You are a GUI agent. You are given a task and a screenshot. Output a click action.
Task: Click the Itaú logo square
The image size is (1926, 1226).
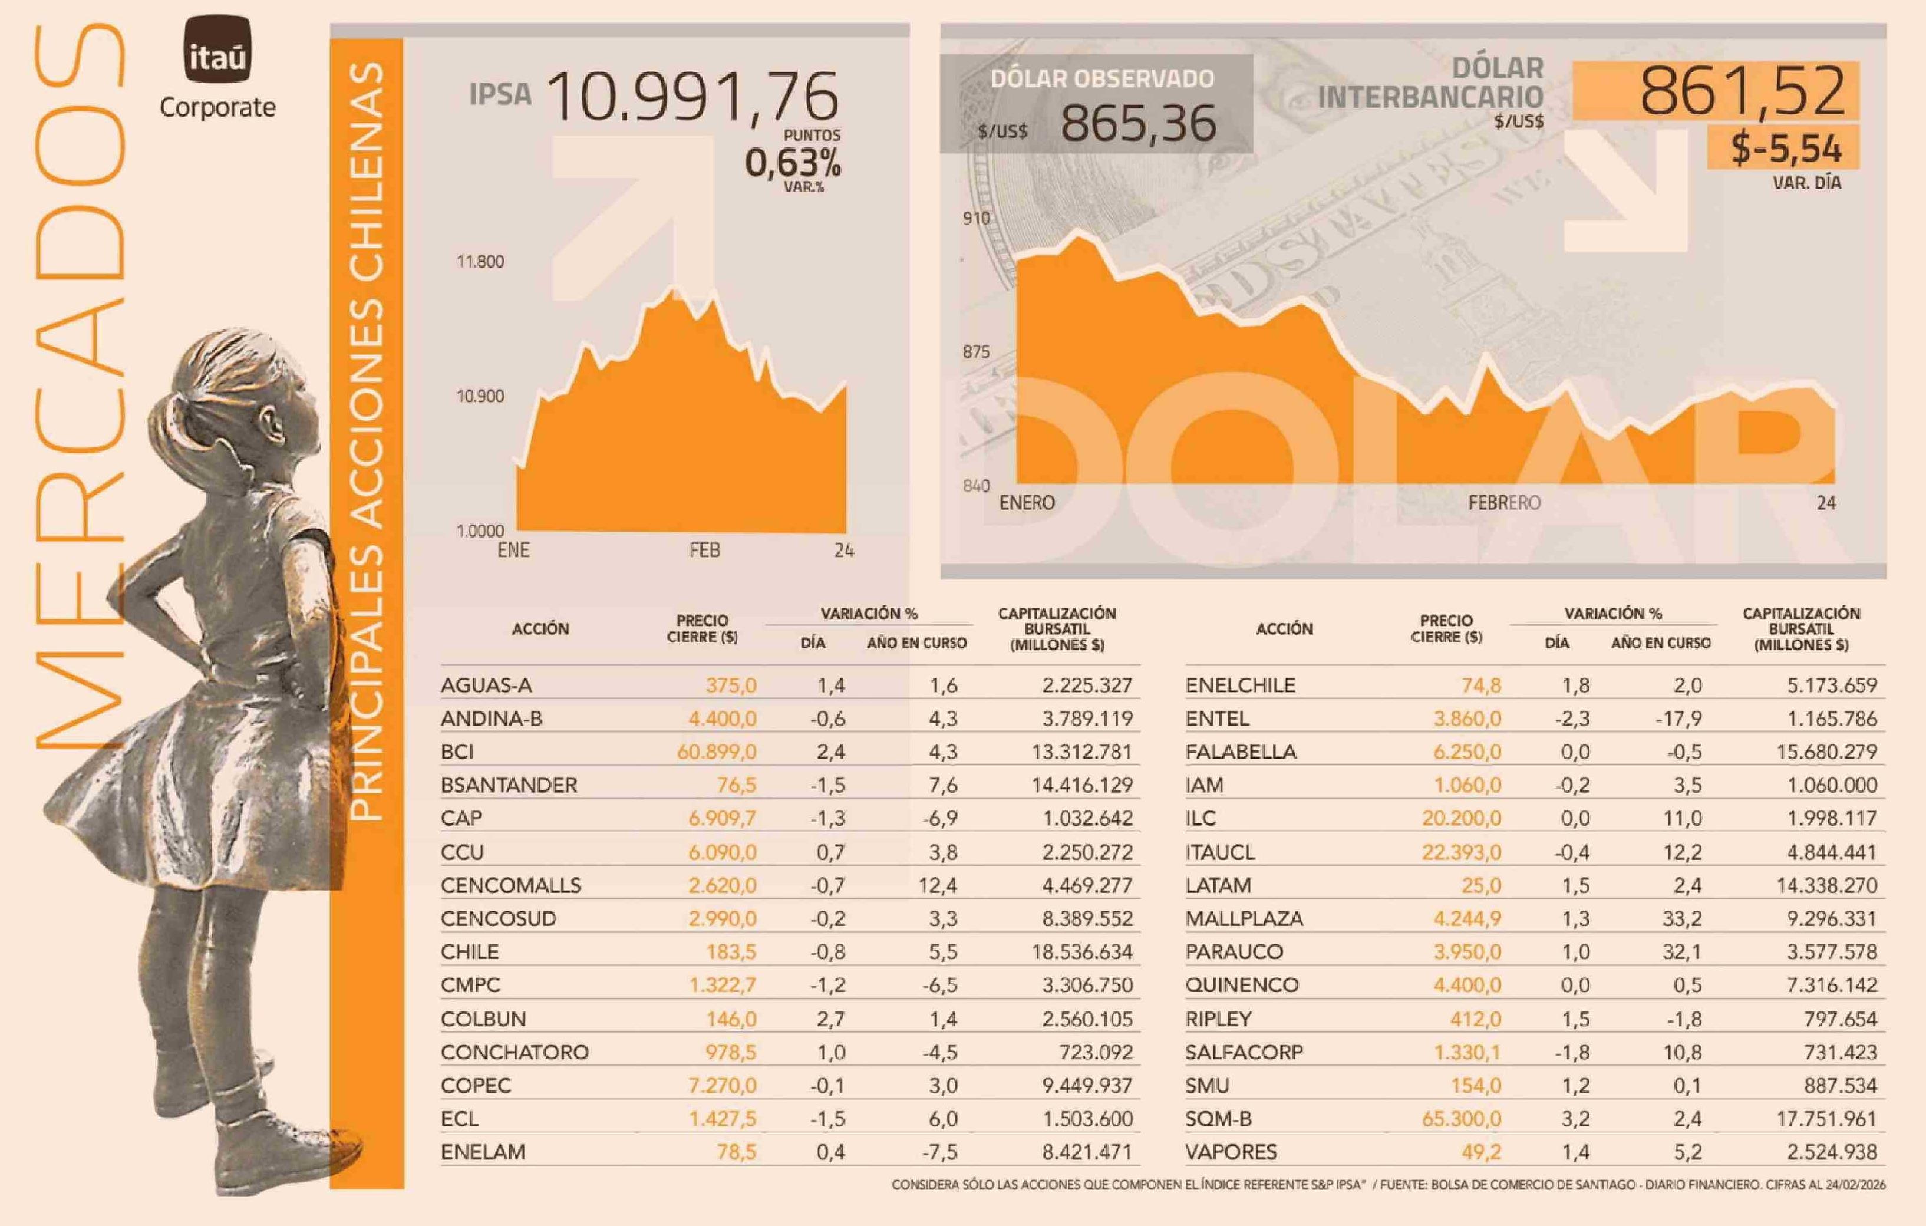pyautogui.click(x=217, y=50)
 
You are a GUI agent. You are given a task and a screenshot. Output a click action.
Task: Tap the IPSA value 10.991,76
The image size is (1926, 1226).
pyautogui.click(x=694, y=98)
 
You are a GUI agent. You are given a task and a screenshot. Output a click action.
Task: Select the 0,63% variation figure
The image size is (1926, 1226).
pyautogui.click(x=793, y=163)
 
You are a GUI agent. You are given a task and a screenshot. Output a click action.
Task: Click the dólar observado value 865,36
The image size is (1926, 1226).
pyautogui.click(x=1138, y=124)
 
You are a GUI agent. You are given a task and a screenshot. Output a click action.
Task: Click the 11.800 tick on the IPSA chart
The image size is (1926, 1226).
pyautogui.click(x=480, y=262)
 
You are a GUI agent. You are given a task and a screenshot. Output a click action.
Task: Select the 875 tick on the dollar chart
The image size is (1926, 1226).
pyautogui.click(x=976, y=352)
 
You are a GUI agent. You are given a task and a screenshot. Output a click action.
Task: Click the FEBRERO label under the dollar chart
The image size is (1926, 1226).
pyautogui.click(x=1503, y=503)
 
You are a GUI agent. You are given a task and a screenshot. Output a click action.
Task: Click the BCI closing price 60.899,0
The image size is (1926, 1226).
pyautogui.click(x=717, y=752)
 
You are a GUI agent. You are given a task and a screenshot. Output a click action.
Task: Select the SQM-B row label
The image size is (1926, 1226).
pyautogui.click(x=1218, y=1119)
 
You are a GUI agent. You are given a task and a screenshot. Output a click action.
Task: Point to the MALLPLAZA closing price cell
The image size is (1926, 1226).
pyautogui.click(x=1467, y=918)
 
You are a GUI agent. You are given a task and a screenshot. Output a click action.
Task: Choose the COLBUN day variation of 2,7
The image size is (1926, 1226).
pyautogui.click(x=831, y=1019)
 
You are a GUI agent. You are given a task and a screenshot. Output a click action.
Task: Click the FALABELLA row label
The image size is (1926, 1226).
pyautogui.click(x=1241, y=752)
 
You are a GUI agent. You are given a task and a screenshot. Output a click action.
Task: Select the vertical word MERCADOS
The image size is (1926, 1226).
pyautogui.click(x=80, y=384)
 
